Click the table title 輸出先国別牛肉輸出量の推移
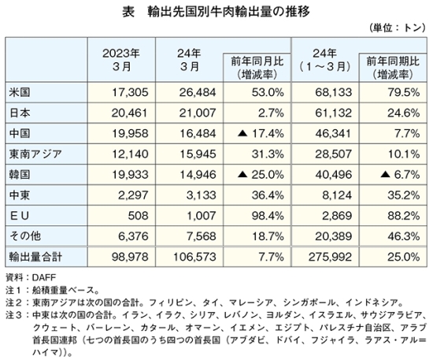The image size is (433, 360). [228, 12]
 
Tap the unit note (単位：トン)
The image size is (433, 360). [398, 28]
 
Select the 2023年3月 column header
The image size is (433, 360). [121, 60]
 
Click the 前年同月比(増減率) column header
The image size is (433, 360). [257, 68]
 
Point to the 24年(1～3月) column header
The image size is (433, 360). [324, 60]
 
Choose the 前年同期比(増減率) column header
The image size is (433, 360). [393, 68]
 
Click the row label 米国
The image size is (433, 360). [20, 92]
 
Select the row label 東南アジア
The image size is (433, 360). [35, 154]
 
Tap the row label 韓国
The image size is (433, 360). [20, 175]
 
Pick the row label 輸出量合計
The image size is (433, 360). [35, 257]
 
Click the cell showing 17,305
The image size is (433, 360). [130, 92]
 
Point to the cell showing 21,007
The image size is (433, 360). [198, 113]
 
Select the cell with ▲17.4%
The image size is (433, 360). [261, 134]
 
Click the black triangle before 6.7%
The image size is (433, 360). [385, 175]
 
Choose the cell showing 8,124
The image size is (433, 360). [337, 195]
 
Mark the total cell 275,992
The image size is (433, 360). [331, 257]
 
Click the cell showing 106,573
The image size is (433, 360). [194, 257]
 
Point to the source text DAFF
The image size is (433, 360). [44, 277]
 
